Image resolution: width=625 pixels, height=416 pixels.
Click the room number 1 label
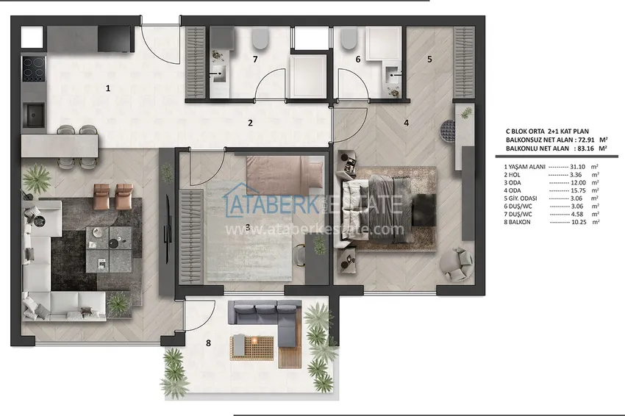coord(108,88)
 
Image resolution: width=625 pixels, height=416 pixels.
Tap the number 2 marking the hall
coord(250,123)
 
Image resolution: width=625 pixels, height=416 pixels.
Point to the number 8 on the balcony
coord(209,343)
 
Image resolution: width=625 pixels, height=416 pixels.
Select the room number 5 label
coord(429,59)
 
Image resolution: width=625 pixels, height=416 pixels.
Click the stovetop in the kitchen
coord(34,68)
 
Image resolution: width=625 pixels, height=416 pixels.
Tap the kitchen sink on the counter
coord(34,113)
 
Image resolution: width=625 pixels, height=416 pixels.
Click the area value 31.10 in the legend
coord(567,168)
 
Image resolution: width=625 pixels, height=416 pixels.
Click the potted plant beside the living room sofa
coord(35,177)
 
